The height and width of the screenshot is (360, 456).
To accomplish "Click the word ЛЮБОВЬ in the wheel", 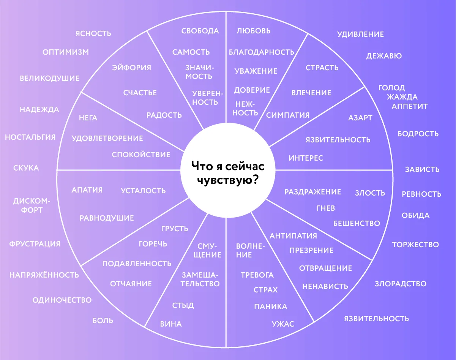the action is (254, 31).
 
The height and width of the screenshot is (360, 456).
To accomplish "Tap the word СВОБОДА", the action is (200, 31).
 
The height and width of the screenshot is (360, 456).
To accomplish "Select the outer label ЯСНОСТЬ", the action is (93, 33).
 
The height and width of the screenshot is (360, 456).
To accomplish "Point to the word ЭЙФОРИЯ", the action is (132, 68).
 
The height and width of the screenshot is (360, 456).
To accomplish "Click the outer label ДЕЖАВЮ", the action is (384, 56).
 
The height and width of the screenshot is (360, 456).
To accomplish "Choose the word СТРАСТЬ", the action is (322, 68).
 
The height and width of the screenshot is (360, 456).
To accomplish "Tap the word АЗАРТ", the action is (360, 118).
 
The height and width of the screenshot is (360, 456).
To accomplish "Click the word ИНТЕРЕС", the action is (306, 158).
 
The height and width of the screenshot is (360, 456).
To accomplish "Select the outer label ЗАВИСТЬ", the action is (422, 169).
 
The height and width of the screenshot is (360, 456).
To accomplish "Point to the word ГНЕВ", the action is (326, 208).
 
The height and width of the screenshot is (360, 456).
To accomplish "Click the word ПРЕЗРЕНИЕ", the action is (311, 250).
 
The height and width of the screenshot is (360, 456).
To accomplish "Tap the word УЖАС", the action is (283, 324).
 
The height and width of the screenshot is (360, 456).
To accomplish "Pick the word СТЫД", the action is (183, 305).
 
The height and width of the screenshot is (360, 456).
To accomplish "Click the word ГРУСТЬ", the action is (175, 229).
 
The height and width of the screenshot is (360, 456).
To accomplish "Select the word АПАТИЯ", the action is (87, 190).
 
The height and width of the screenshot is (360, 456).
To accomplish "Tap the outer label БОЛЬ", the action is (103, 321).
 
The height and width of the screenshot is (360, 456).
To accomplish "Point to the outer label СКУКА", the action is (26, 168).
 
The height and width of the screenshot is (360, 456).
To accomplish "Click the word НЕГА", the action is (88, 118).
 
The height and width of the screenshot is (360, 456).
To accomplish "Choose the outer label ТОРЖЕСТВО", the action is (415, 245).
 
